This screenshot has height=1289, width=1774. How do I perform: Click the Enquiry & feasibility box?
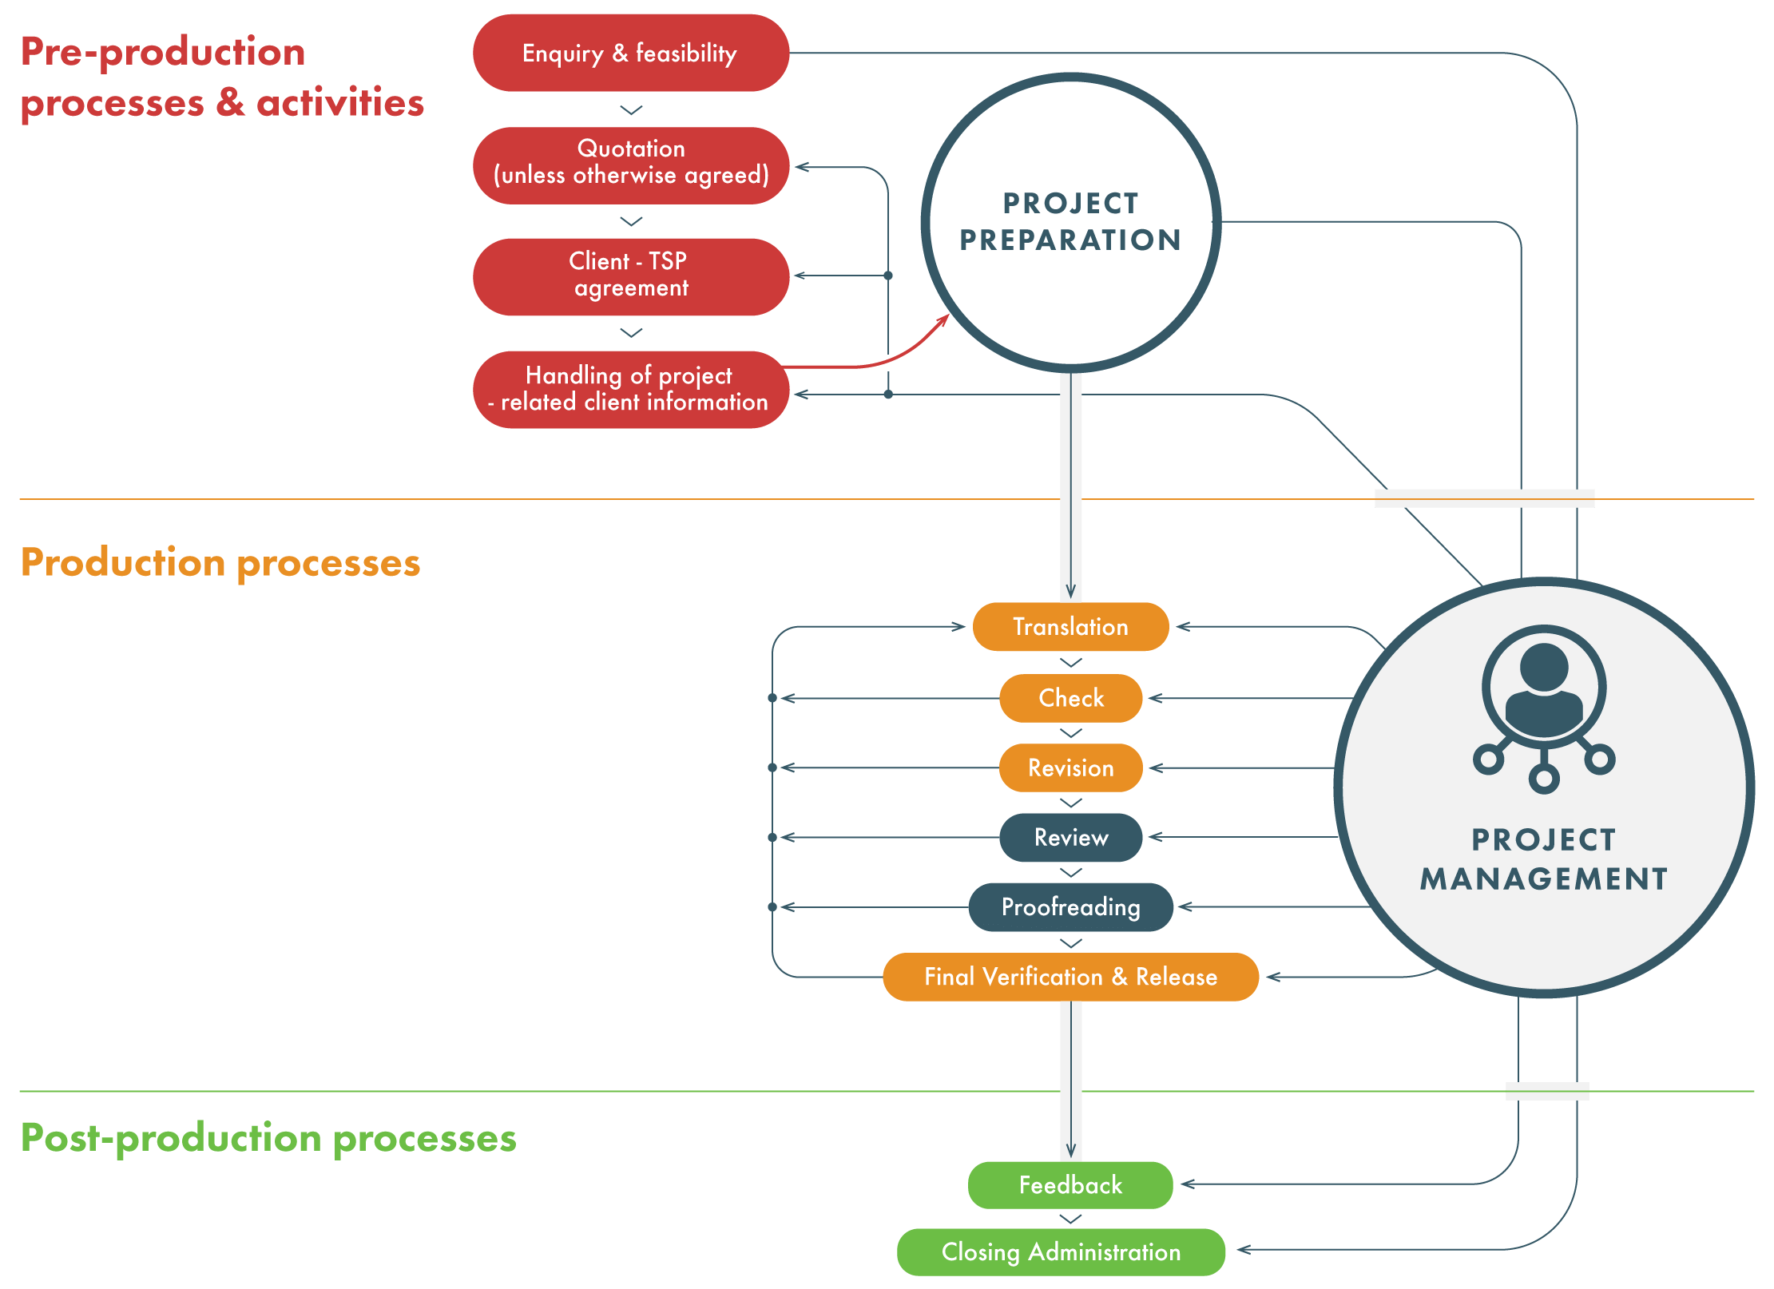pyautogui.click(x=630, y=53)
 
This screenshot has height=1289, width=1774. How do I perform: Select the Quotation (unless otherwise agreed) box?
pyautogui.click(x=630, y=165)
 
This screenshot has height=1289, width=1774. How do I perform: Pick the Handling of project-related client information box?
pyautogui.click(x=630, y=389)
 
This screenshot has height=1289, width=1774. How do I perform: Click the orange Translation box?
pyautogui.click(x=1070, y=627)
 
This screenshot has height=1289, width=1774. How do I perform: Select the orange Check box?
pyautogui.click(x=1070, y=698)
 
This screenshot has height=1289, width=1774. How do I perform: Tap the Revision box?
pyautogui.click(x=1070, y=767)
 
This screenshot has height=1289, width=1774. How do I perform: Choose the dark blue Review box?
pyautogui.click(x=1070, y=837)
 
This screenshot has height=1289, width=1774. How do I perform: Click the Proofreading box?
pyautogui.click(x=1070, y=907)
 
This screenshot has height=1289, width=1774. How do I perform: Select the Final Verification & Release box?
pyautogui.click(x=1070, y=977)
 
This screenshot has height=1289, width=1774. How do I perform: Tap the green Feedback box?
pyautogui.click(x=1070, y=1185)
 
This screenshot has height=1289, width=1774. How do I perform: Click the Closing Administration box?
pyautogui.click(x=1061, y=1252)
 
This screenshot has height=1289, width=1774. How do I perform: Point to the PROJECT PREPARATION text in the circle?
pyautogui.click(x=1070, y=222)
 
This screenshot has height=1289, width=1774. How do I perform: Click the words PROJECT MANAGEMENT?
pyautogui.click(x=1544, y=859)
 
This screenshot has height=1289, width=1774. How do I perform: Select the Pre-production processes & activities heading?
pyautogui.click(x=222, y=77)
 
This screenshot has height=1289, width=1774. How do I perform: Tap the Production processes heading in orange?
pyautogui.click(x=220, y=563)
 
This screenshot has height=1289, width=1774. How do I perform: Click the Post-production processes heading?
pyautogui.click(x=268, y=1138)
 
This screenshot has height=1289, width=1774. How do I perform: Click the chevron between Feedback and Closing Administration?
pyautogui.click(x=1070, y=1220)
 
